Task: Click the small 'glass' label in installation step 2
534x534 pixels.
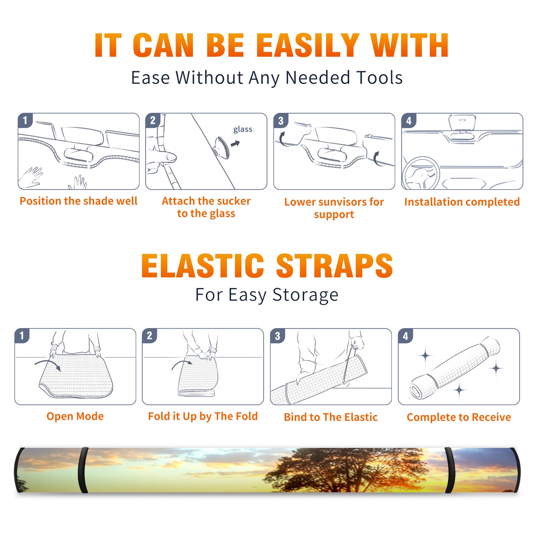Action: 243,129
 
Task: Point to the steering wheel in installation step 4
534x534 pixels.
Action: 421,173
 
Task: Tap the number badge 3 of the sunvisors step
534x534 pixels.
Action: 281,121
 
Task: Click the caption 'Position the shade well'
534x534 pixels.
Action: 78,201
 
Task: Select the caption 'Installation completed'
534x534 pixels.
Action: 462,202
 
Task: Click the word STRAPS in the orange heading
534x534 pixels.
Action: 334,266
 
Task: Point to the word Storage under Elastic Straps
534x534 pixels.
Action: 305,295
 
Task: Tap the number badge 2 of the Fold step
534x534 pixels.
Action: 150,336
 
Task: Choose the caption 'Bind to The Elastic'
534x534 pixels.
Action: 330,417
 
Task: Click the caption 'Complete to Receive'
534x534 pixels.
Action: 459,417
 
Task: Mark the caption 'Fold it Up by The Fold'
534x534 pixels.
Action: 203,417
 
